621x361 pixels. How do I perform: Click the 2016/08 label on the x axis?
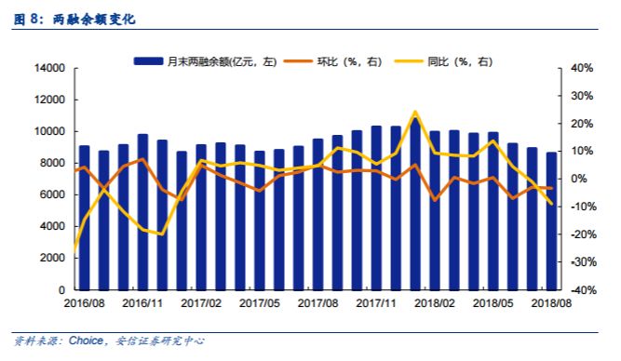click(83, 302)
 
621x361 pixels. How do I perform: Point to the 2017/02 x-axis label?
click(201, 302)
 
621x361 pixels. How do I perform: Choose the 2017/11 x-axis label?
click(377, 302)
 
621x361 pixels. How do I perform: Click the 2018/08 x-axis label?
click(551, 302)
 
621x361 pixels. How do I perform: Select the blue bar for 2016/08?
click(85, 219)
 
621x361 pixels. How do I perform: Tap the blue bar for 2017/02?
click(201, 218)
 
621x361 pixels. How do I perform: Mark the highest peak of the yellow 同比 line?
click(415, 112)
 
